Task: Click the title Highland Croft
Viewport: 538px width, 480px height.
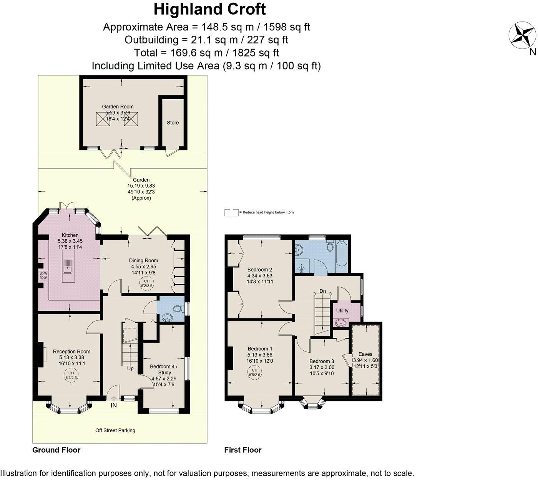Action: tap(209, 9)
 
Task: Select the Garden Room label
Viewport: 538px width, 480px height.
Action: tap(118, 107)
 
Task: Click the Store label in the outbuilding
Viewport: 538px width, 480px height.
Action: tap(173, 123)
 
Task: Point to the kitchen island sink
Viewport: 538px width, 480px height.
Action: tap(68, 265)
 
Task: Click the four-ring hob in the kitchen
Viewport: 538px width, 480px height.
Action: tap(43, 275)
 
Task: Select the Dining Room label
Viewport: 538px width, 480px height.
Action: tap(144, 260)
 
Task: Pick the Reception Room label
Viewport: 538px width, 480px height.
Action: tap(71, 351)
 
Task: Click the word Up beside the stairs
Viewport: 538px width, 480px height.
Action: tap(130, 368)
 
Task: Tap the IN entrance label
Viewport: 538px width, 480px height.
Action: tap(114, 405)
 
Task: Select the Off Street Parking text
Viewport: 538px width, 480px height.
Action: tap(115, 430)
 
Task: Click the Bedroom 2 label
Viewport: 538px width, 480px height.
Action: tap(260, 269)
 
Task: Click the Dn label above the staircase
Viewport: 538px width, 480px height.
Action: tap(322, 292)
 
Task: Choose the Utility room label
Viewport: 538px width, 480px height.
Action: tap(342, 311)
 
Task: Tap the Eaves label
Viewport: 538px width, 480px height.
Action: tap(365, 354)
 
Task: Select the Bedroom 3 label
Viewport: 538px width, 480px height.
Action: tap(322, 361)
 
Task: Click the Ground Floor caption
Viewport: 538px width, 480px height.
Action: tap(56, 450)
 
